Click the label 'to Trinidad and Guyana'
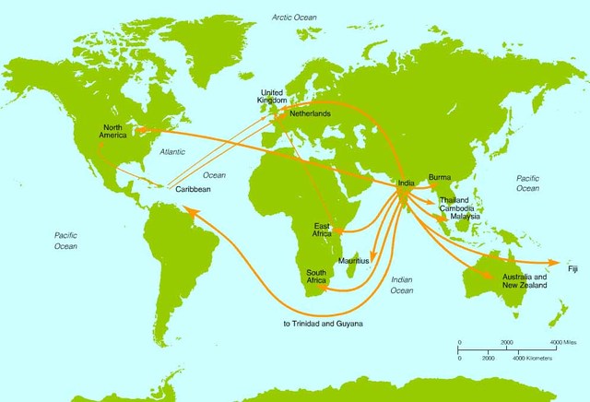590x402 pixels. [324, 324]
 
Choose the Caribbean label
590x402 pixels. [194, 189]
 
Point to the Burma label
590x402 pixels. [440, 176]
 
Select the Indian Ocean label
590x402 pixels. [402, 284]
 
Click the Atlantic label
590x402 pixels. [172, 150]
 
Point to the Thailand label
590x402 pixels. [454, 200]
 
